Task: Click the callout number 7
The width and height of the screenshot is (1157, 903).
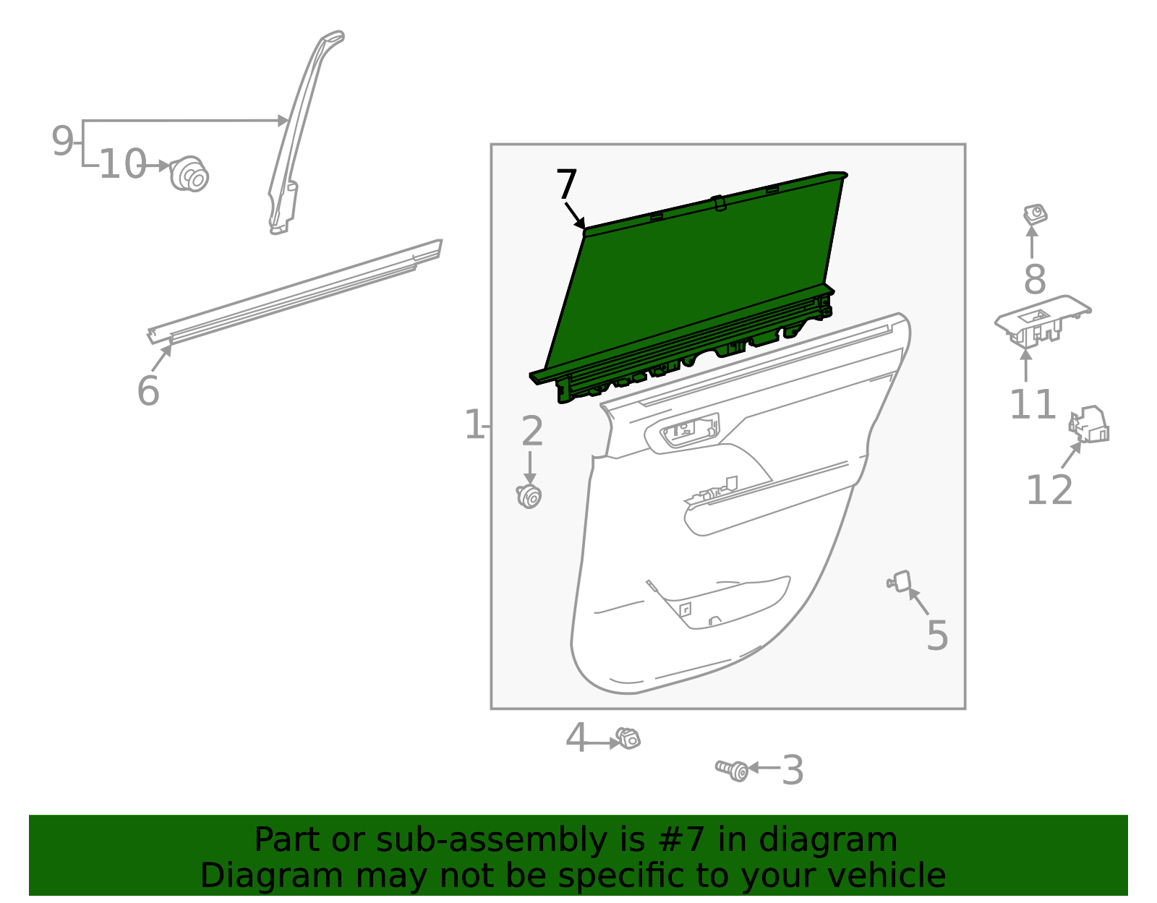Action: pos(566,185)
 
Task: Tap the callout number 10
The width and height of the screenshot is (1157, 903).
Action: pos(122,165)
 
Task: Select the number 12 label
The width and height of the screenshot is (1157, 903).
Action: pos(1049,491)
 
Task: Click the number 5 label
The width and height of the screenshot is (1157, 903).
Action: pos(937,636)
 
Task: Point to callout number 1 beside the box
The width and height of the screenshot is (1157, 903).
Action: pos(474,425)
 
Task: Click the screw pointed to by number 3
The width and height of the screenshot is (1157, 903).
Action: pos(733,770)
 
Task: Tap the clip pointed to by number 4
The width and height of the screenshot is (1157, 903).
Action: pos(628,739)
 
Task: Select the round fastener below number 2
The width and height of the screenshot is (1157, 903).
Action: pos(529,497)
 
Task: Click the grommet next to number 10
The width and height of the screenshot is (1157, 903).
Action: pos(189,174)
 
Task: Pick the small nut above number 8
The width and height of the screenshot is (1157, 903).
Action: pos(1036,214)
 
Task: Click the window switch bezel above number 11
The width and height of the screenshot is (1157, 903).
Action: pos(1041,319)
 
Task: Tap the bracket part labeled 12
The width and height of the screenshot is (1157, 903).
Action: pos(1090,425)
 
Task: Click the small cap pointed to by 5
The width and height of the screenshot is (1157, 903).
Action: pos(900,581)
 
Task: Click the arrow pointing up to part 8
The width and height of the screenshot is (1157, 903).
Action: pos(1032,242)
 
